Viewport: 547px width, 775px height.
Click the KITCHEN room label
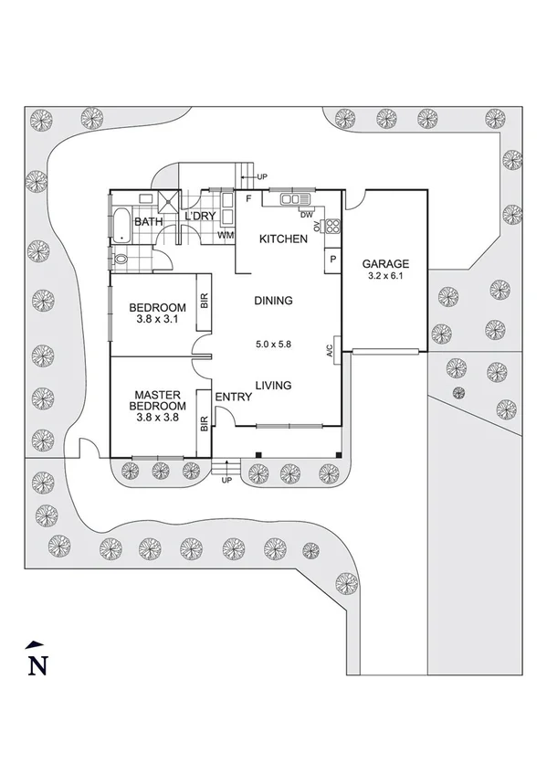coord(283,239)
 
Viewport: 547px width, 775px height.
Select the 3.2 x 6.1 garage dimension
coord(384,274)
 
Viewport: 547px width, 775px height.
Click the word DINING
coord(273,300)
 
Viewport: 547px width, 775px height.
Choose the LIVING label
coord(273,386)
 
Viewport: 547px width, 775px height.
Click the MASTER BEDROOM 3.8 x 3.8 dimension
coord(157,418)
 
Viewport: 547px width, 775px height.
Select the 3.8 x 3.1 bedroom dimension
coord(157,320)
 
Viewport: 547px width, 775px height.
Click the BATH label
coord(148,222)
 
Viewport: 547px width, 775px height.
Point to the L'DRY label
coord(199,217)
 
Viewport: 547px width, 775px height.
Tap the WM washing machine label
coord(224,236)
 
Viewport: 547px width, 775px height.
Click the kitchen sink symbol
coord(291,198)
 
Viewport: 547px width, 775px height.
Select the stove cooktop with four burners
coord(332,227)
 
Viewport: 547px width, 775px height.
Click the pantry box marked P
coord(331,260)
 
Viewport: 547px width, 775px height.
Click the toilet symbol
coord(121,260)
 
